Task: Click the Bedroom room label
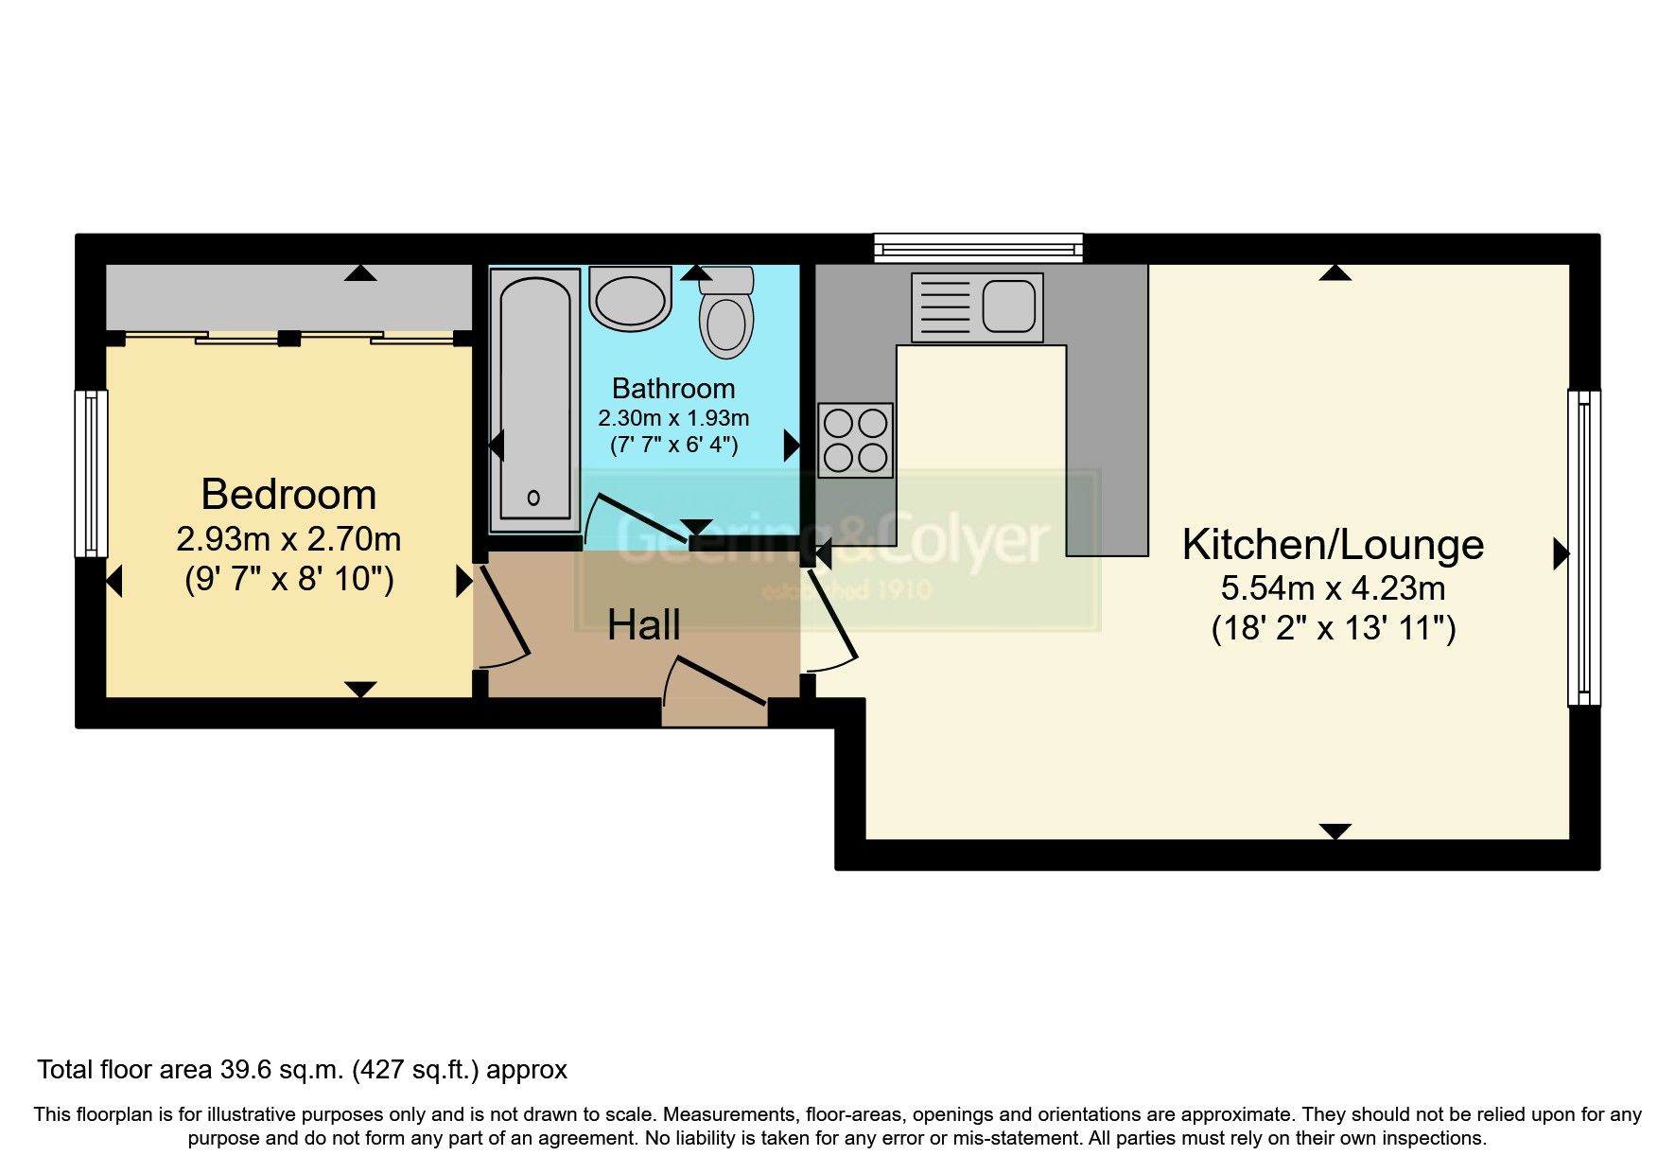288,495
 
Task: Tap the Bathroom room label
672,388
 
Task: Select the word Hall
643,625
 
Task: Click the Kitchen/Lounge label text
1333,545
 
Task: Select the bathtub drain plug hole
533,498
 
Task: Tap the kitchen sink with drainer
977,307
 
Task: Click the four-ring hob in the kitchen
856,440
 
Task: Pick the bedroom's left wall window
91,473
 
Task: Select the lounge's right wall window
1584,548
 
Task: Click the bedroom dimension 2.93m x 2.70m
288,539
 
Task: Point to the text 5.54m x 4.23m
1333,588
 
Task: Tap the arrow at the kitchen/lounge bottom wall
1335,832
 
